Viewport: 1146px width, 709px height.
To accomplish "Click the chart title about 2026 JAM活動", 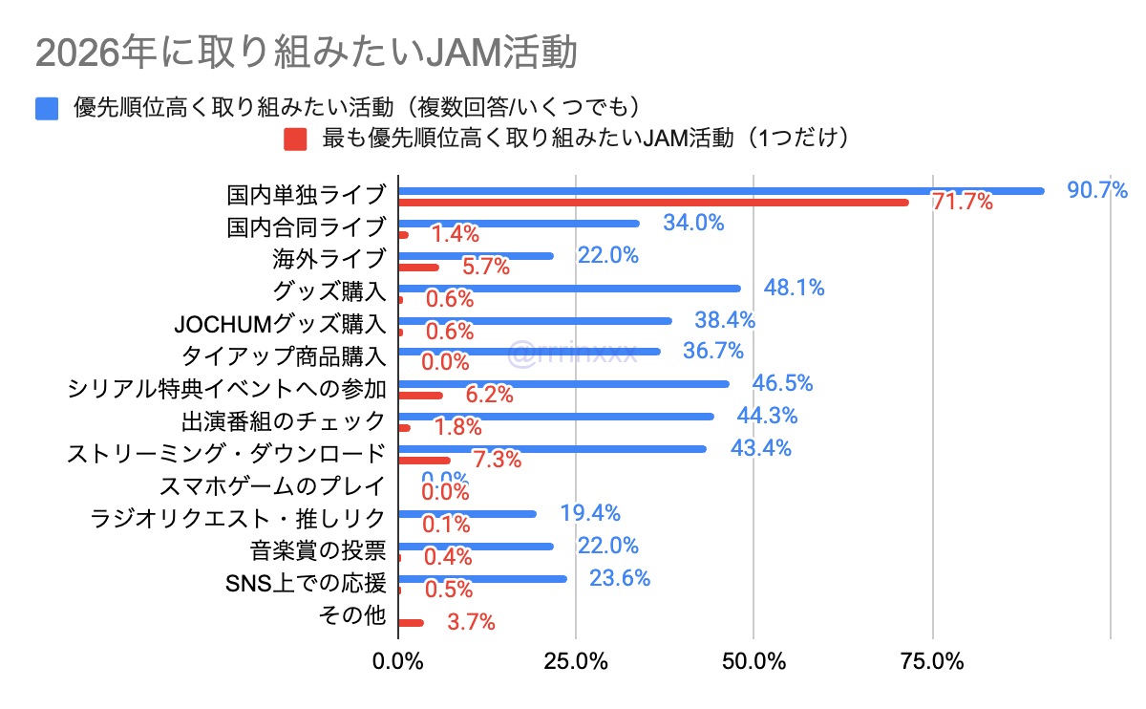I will pyautogui.click(x=306, y=54).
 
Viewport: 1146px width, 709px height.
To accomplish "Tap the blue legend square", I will pyautogui.click(x=48, y=108).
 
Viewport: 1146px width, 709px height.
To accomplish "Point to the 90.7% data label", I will pyautogui.click(x=1097, y=190).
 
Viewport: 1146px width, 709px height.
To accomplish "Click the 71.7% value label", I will pyautogui.click(x=962, y=203).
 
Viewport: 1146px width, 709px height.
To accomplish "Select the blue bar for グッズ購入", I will pyautogui.click(x=569, y=289).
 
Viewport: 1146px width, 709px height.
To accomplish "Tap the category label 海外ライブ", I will pyautogui.click(x=329, y=259).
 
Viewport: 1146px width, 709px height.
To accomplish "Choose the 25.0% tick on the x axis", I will pyautogui.click(x=576, y=661).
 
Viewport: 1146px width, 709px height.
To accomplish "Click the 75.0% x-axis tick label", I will pyautogui.click(x=932, y=661).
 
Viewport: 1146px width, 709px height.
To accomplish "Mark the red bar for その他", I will pyautogui.click(x=411, y=623).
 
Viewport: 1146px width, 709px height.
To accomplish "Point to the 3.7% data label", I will pyautogui.click(x=471, y=623).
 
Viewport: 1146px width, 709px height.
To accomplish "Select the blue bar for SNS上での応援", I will pyautogui.click(x=482, y=579).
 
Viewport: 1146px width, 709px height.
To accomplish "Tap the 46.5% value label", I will pyautogui.click(x=782, y=384).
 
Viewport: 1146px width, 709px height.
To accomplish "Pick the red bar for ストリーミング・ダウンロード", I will pyautogui.click(x=424, y=461).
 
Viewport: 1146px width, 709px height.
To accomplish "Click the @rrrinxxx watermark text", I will pyautogui.click(x=572, y=353).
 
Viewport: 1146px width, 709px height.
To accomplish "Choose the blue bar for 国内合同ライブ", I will pyautogui.click(x=519, y=224).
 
